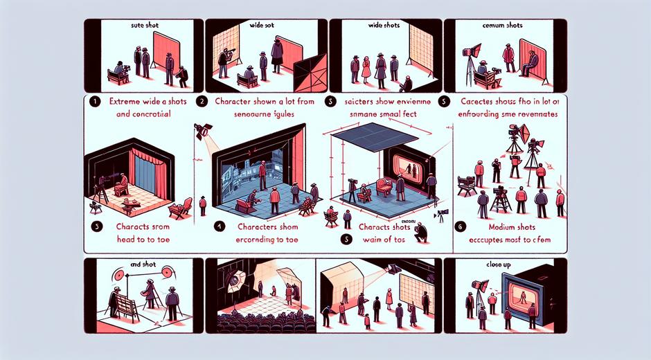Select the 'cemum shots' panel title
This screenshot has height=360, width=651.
(x=504, y=25)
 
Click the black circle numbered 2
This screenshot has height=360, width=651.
(x=202, y=101)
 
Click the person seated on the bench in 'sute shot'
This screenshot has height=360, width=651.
(x=118, y=69)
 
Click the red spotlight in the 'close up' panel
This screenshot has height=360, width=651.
(x=478, y=285)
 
